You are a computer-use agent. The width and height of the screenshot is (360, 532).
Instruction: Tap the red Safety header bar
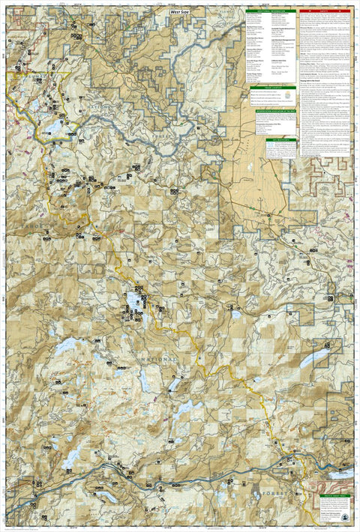(323, 10)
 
